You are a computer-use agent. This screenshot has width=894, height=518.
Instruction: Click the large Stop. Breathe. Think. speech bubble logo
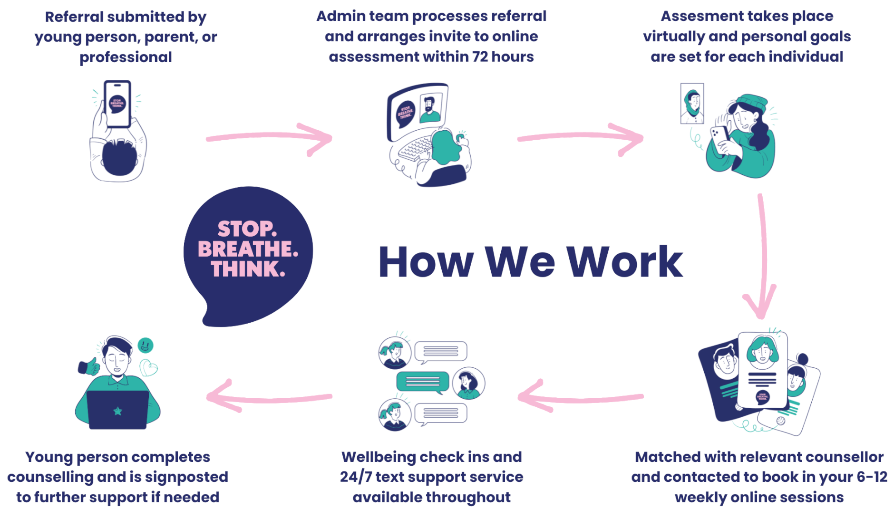pos(248,252)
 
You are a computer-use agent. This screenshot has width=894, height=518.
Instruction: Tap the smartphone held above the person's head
pos(117,104)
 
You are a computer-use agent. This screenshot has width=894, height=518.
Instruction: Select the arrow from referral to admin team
pos(269,138)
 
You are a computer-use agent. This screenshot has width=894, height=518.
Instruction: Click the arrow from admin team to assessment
pos(580,138)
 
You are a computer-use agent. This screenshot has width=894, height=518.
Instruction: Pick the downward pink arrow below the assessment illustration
pos(762,257)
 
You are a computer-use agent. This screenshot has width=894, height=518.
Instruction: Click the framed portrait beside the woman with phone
pos(692,104)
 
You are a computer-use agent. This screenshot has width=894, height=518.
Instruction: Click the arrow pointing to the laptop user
pos(269,397)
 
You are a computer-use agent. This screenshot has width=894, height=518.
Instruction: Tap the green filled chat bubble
pos(423,382)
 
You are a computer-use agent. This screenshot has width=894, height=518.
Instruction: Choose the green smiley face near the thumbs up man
pos(146,345)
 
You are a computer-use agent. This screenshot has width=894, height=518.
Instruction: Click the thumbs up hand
pos(89,366)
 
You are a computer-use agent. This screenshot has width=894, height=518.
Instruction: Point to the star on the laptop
pos(117,411)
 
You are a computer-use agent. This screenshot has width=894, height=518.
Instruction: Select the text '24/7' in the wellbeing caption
pos(356,477)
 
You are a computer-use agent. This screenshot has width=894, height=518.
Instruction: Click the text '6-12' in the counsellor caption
pos(872,477)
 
